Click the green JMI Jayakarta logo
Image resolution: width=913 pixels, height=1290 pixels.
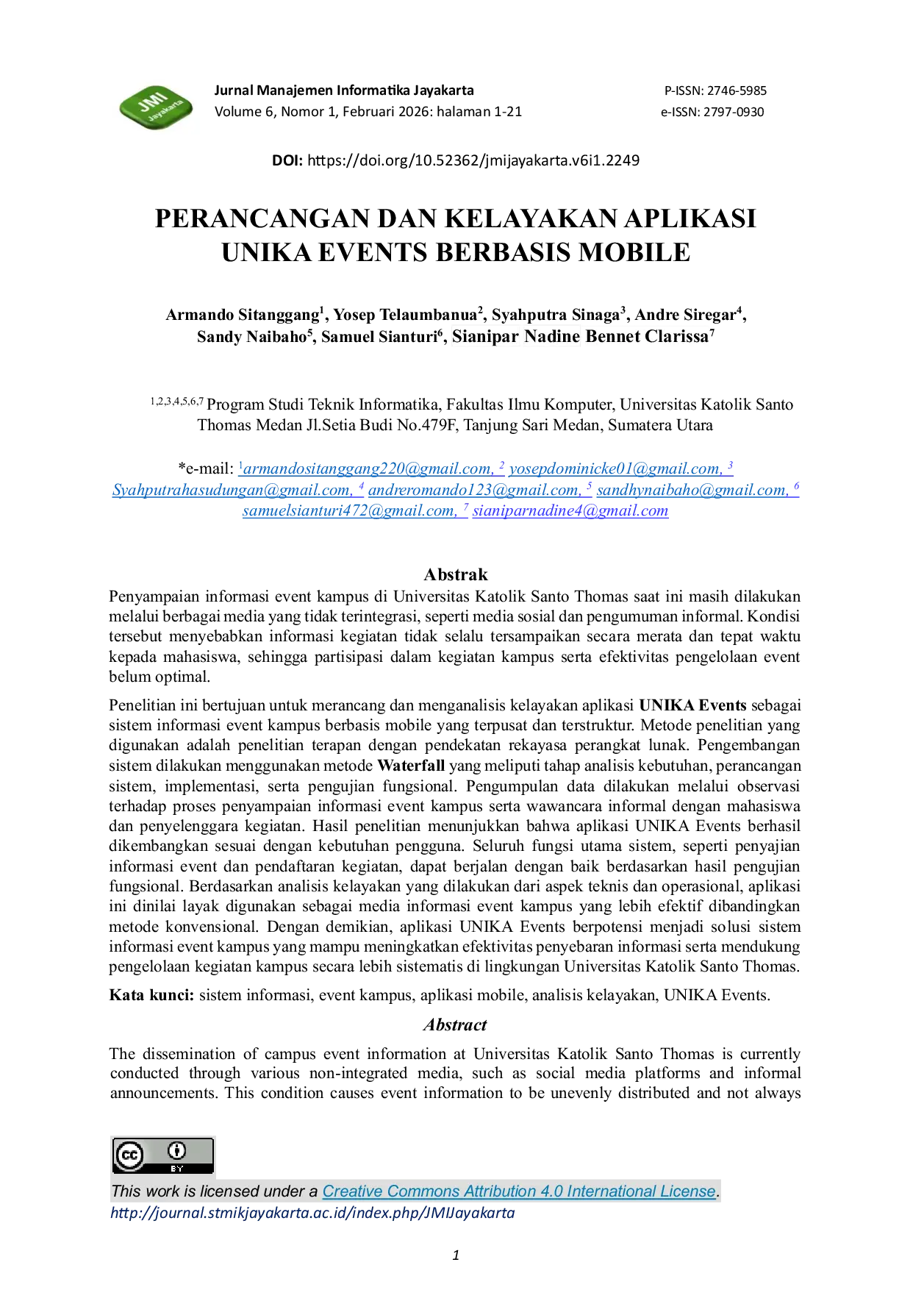156,107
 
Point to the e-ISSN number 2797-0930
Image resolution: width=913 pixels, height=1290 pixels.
734,112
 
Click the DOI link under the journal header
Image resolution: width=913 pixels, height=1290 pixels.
473,160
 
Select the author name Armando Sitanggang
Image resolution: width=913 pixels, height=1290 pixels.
243,316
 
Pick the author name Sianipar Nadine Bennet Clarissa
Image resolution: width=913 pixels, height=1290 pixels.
580,337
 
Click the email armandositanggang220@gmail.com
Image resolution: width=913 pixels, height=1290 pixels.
368,469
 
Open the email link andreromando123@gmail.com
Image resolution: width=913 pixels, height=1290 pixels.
474,490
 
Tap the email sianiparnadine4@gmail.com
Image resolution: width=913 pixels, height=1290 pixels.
570,510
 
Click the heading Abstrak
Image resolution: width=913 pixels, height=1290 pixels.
456,574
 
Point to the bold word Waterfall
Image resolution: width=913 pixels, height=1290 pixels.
412,766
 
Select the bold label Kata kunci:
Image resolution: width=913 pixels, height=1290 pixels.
151,995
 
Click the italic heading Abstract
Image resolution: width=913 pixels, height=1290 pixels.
455,1024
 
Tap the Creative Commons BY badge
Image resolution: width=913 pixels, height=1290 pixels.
162,1155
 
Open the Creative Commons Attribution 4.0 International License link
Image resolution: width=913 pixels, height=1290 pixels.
519,1191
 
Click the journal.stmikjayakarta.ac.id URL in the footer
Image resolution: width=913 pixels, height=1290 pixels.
312,1213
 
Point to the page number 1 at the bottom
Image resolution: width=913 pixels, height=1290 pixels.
456,1255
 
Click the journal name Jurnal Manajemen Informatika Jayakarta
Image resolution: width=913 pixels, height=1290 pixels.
344,90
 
